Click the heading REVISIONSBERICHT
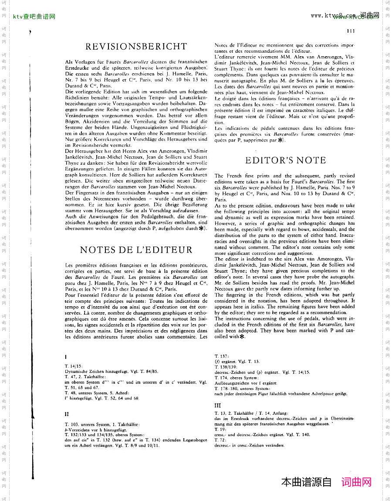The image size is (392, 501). coord(136,47)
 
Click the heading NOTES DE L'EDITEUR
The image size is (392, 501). coord(136,250)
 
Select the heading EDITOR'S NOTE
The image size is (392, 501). coord(285,160)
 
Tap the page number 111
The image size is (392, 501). coord(351,31)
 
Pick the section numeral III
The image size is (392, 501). coord(218,406)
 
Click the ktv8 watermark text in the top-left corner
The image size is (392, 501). coord(34,17)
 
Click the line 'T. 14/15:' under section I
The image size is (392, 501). coord(73,366)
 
